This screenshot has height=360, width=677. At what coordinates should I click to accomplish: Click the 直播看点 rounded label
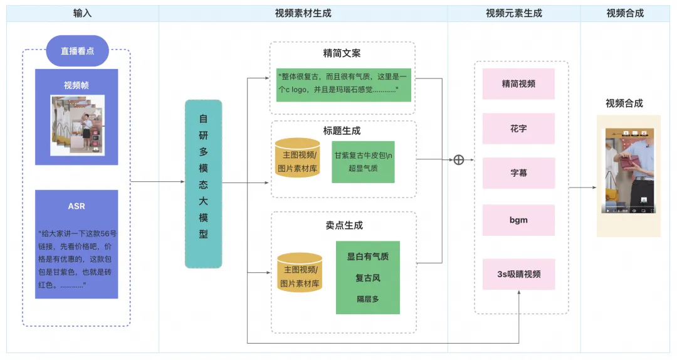(77, 51)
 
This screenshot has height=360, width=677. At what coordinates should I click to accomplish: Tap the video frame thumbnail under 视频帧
(78, 125)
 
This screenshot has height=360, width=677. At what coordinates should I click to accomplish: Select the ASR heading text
(76, 206)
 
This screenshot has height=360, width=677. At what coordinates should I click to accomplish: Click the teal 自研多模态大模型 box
(203, 184)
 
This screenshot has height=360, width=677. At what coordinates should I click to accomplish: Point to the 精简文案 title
(342, 53)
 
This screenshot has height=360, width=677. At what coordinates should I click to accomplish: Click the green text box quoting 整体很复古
(344, 85)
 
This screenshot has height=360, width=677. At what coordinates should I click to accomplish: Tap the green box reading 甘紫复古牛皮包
(363, 162)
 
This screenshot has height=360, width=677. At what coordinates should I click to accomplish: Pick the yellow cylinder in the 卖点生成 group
(300, 272)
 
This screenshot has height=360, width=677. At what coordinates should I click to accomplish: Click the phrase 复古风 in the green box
(368, 278)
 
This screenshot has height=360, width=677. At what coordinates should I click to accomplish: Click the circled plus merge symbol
(458, 160)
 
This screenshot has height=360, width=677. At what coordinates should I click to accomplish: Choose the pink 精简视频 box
(518, 84)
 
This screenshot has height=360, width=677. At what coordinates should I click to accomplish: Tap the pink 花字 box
(518, 129)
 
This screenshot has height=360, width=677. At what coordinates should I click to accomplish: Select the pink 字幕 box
(518, 173)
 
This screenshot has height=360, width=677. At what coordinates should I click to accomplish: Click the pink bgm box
(518, 220)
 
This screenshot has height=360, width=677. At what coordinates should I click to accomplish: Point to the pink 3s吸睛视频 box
(518, 274)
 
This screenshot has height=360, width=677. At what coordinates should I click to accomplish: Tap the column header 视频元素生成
(514, 13)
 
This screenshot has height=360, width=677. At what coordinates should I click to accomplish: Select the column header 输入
(83, 13)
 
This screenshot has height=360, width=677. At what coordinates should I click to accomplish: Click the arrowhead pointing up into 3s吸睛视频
(518, 292)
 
